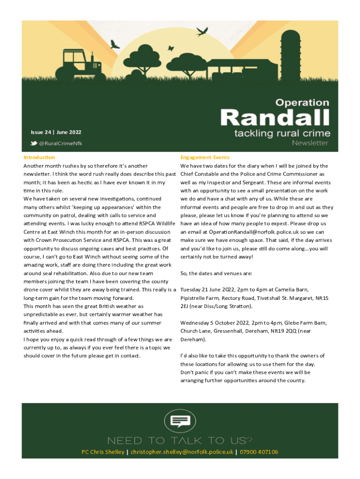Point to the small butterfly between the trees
[171, 48]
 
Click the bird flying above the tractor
[115, 44]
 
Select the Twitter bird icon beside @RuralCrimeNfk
[34, 143]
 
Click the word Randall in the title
[275, 117]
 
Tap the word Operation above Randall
[302, 102]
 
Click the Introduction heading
[39, 158]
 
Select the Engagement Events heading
[205, 158]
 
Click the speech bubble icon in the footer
[180, 421]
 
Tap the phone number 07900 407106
[259, 452]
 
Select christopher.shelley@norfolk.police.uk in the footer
[182, 452]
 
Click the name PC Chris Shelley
[103, 452]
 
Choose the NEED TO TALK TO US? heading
[180, 441]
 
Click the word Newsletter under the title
[310, 143]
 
